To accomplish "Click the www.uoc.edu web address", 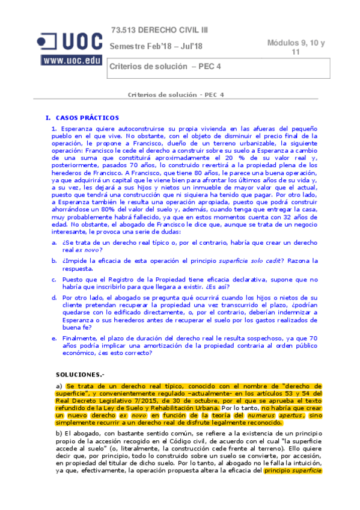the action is point(71,60).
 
